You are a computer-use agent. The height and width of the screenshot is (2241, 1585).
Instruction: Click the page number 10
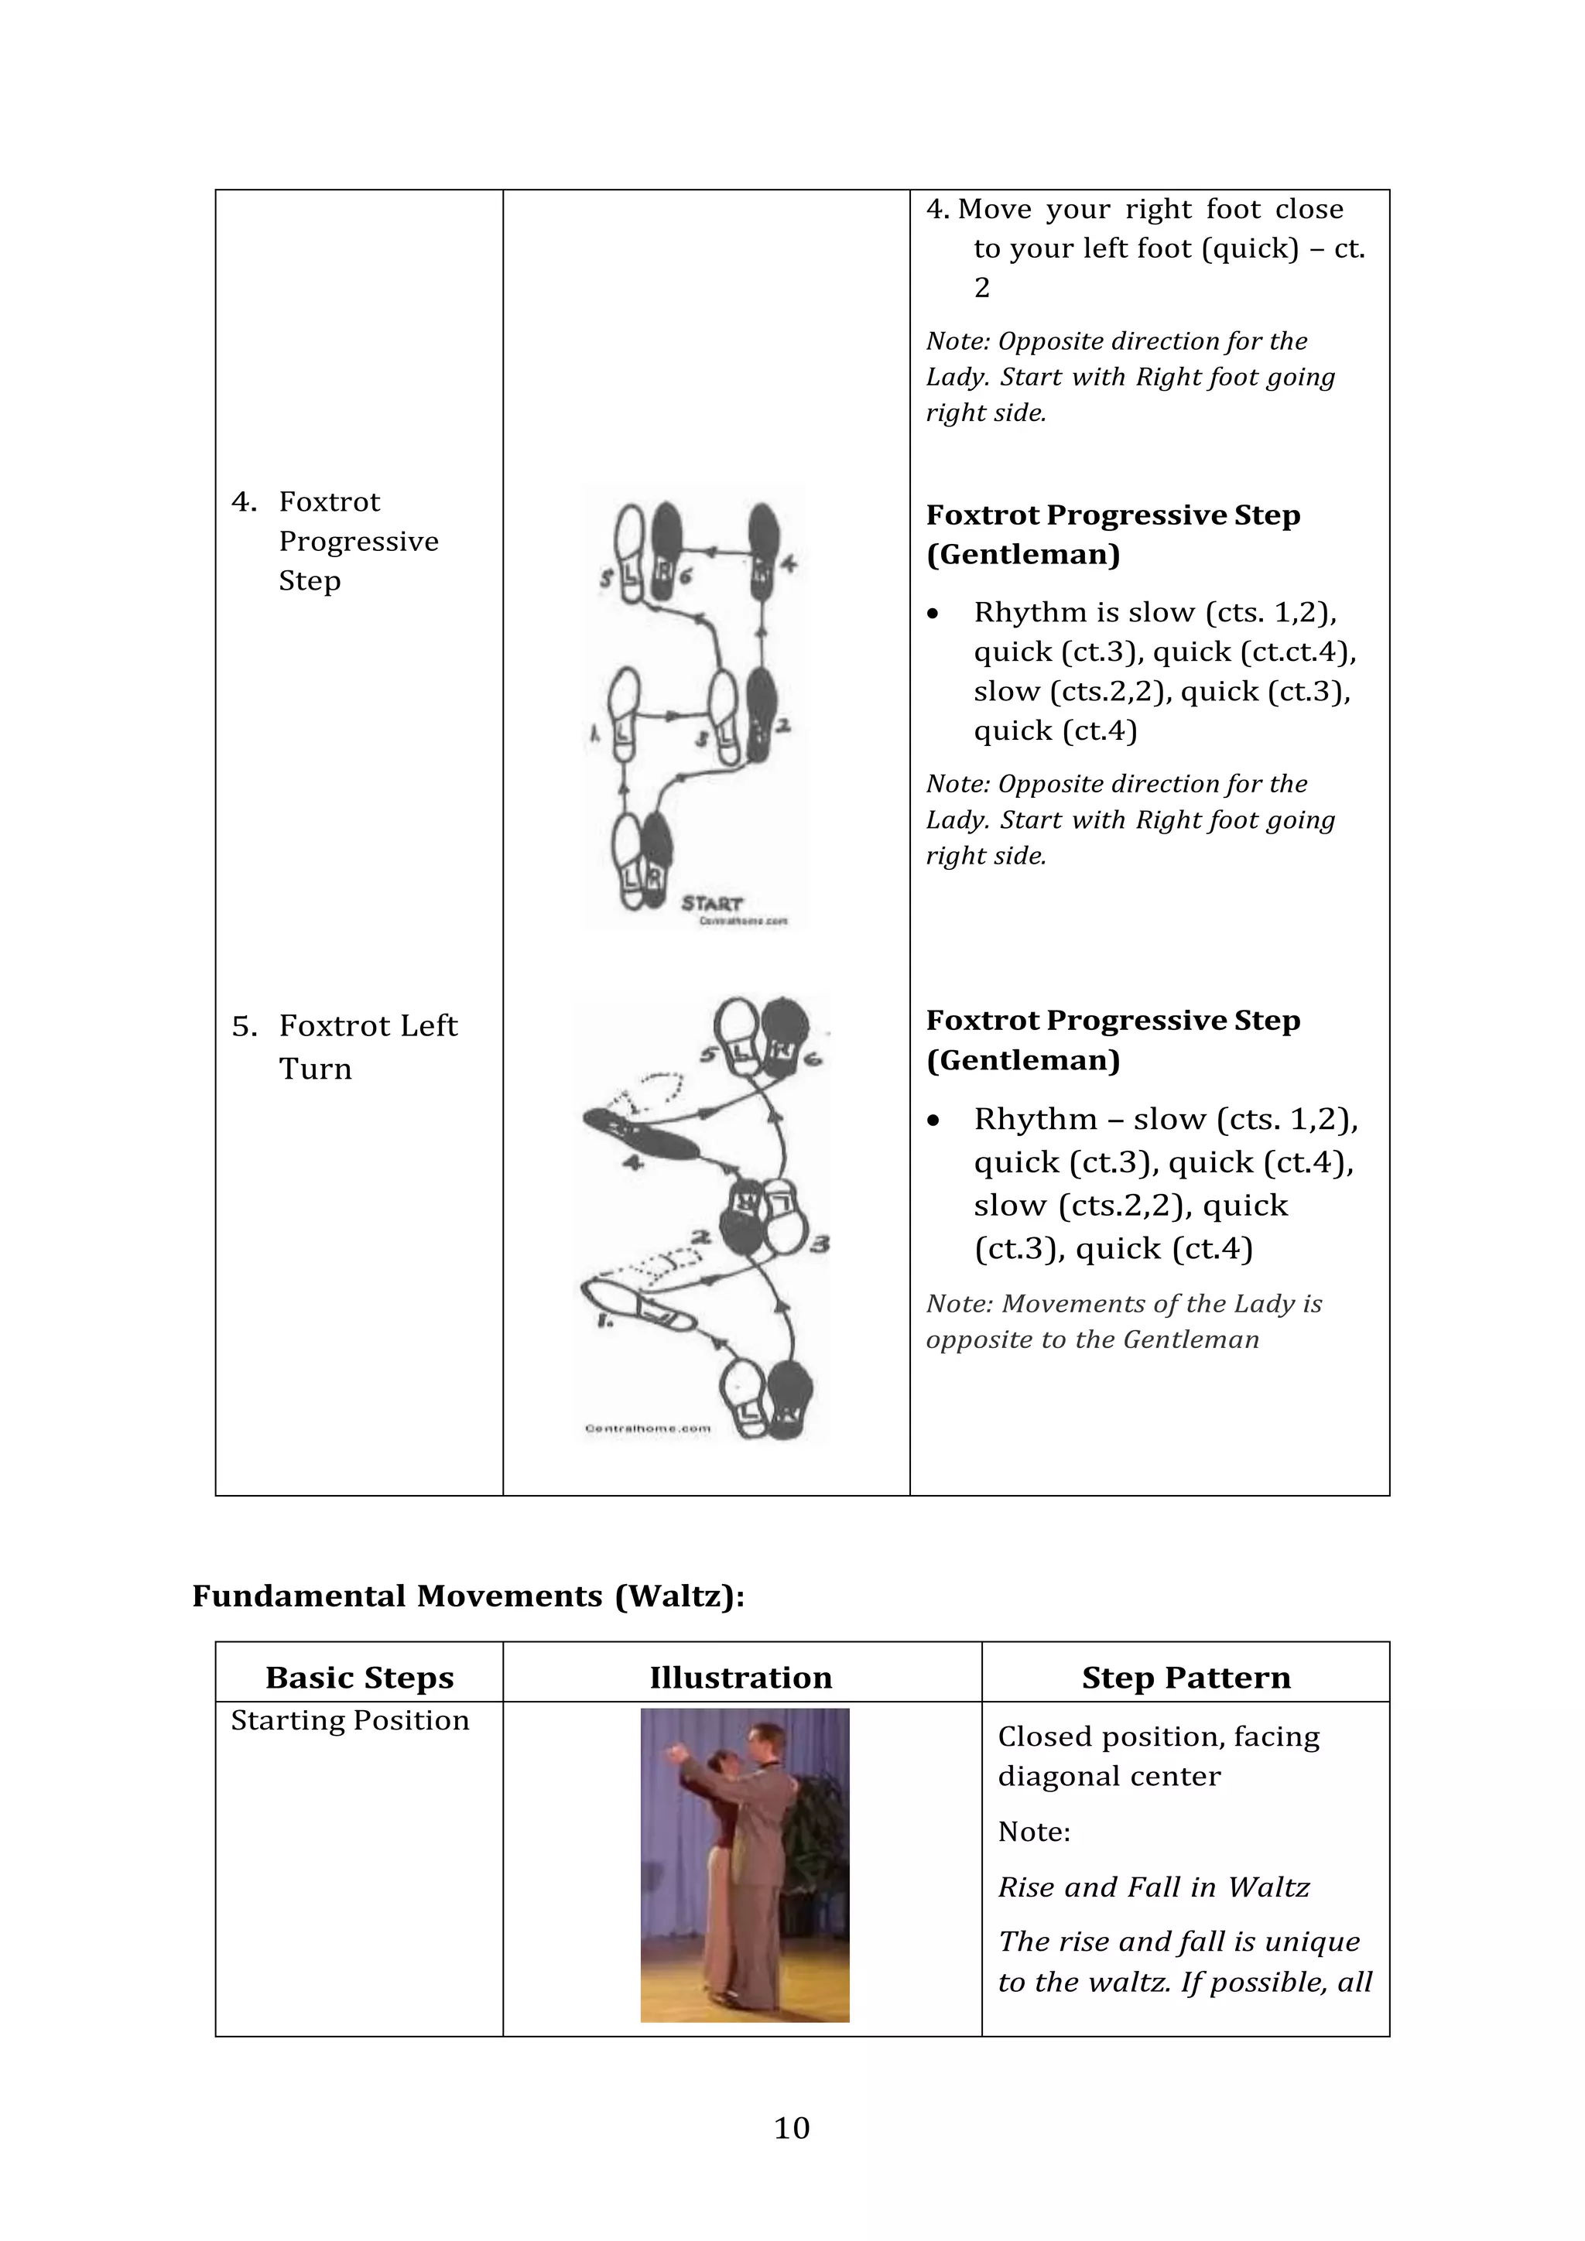point(792,2128)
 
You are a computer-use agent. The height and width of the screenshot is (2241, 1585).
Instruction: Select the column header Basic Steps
point(359,1678)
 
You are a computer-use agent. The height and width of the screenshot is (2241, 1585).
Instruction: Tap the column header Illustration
point(741,1678)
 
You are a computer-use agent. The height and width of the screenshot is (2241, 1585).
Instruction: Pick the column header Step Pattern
point(1186,1678)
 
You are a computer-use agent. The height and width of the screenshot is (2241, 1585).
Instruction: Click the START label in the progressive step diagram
point(711,903)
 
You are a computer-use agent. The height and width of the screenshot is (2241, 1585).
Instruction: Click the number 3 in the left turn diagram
point(819,1244)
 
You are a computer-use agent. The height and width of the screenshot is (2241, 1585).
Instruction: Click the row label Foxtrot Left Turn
point(367,1046)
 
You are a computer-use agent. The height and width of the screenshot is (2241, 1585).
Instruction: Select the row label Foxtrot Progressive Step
point(358,541)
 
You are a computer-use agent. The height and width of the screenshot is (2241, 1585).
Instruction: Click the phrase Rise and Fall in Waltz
point(1152,1887)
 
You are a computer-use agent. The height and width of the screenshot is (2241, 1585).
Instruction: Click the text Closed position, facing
point(1159,1736)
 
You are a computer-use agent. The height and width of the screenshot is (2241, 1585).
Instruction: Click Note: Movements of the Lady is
point(1124,1304)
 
